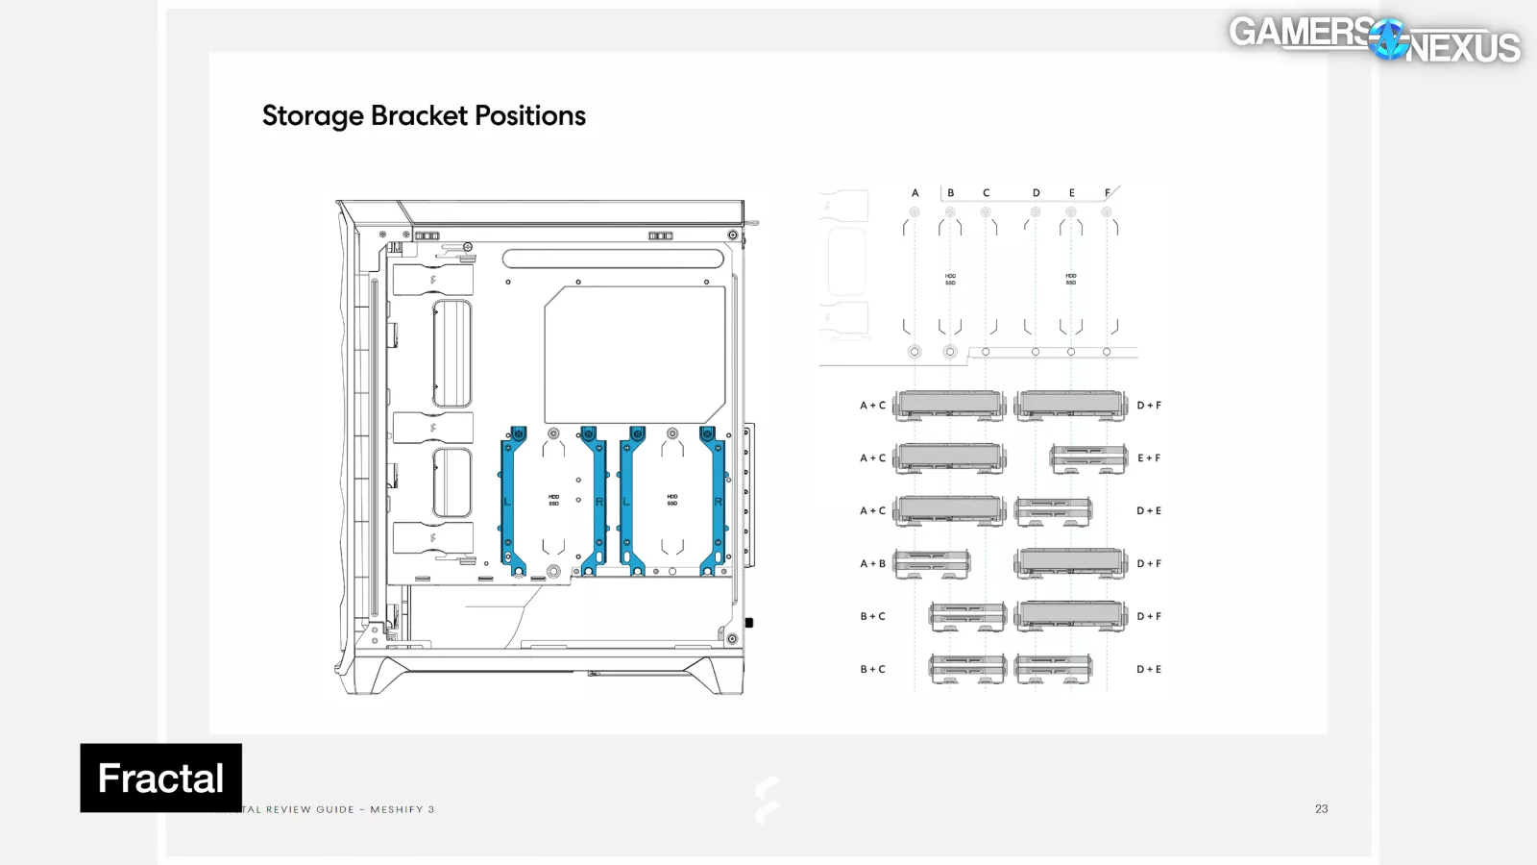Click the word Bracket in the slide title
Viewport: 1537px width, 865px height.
click(420, 116)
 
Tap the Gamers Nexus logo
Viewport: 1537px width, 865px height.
click(1375, 38)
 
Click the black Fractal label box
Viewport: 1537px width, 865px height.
click(160, 778)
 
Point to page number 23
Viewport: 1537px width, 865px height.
click(1321, 809)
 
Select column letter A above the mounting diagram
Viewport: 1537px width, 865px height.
click(915, 193)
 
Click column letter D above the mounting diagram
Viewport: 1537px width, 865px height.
click(1036, 193)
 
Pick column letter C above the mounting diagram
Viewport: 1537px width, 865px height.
click(986, 193)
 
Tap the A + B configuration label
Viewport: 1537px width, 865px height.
click(872, 564)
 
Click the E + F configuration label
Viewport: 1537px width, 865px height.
click(1149, 458)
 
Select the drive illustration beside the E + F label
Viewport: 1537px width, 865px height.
click(1088, 458)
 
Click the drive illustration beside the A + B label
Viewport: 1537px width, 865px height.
click(931, 564)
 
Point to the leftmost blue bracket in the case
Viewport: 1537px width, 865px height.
click(513, 501)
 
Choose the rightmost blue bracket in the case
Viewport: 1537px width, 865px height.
click(713, 501)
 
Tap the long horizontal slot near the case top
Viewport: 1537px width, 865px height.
click(612, 259)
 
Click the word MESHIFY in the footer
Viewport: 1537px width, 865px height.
click(397, 809)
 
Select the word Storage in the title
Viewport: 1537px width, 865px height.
click(312, 116)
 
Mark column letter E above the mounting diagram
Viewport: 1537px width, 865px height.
click(1071, 193)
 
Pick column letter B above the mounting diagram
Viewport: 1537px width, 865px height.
click(950, 193)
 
